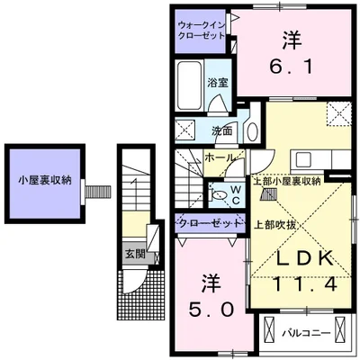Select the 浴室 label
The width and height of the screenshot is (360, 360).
218,83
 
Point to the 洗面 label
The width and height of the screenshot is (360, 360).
222,131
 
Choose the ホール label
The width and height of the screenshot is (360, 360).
221,158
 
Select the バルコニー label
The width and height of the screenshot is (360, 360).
308,333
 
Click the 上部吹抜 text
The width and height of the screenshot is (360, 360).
273,224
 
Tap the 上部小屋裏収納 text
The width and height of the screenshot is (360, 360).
287,182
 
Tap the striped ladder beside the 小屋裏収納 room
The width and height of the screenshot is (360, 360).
96,191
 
